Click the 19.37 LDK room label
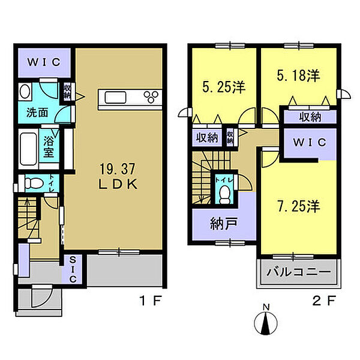tap(118, 176)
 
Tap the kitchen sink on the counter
tap(115, 97)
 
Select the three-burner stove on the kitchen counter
tap(151, 97)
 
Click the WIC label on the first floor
tap(44, 62)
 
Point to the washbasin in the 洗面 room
tap(25, 92)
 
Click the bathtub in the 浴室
tap(28, 149)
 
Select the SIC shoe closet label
tap(73, 269)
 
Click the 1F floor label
tap(151, 301)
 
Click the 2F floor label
tap(324, 301)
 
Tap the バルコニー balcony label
tap(298, 272)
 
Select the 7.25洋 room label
tap(298, 206)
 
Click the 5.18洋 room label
tap(298, 76)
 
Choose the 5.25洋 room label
tap(224, 87)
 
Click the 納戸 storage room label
tap(224, 224)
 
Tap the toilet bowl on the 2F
tap(224, 195)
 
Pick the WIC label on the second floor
tap(310, 142)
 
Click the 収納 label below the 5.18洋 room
tap(310, 118)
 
